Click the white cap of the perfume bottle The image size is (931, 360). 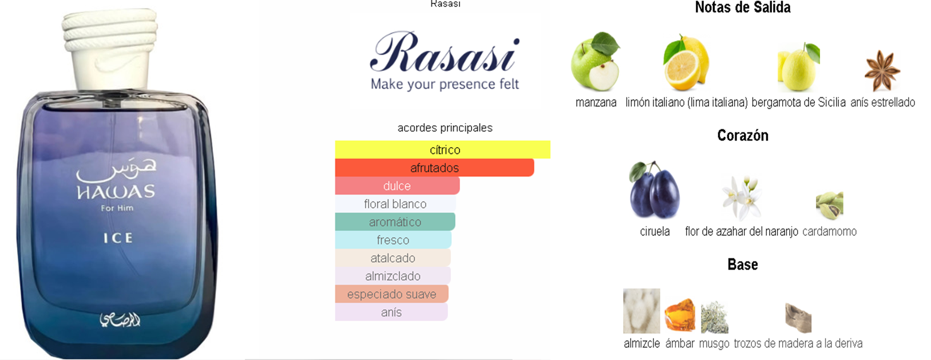coord(110,49)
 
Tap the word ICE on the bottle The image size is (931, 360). coord(118,238)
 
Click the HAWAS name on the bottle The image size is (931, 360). coord(116,192)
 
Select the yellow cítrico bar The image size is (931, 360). coord(443,149)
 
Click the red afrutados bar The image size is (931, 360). coord(434,168)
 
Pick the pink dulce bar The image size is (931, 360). coord(397,186)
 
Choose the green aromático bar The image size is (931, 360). coord(395,222)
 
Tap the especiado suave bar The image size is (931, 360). coord(391,294)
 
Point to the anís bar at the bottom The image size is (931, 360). coord(391,312)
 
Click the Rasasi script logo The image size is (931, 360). coord(445,53)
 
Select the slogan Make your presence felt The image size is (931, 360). coord(445,84)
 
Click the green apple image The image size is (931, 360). coord(596,61)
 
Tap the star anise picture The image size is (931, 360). coord(882,70)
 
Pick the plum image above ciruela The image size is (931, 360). coord(654,189)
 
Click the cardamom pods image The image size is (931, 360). coord(830,205)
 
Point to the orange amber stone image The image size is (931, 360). coord(680,315)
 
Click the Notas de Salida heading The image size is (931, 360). coord(743,7)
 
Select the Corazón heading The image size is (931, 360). coord(743,136)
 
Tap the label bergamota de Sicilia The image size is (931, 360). coord(798,102)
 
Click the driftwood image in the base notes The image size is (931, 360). coord(798,318)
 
